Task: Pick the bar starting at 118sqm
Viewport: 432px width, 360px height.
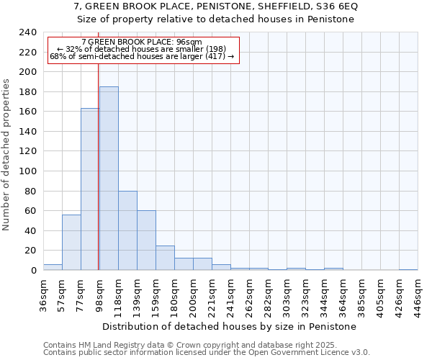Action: tap(127, 230)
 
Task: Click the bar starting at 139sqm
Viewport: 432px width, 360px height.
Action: tap(146, 240)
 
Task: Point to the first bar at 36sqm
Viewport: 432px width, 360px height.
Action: tap(53, 267)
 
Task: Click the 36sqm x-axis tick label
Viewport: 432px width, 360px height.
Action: tap(43, 294)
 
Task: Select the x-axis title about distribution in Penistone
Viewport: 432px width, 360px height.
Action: tap(230, 326)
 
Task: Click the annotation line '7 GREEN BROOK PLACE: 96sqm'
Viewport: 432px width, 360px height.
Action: tap(142, 42)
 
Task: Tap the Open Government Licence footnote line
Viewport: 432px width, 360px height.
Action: tap(207, 352)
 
